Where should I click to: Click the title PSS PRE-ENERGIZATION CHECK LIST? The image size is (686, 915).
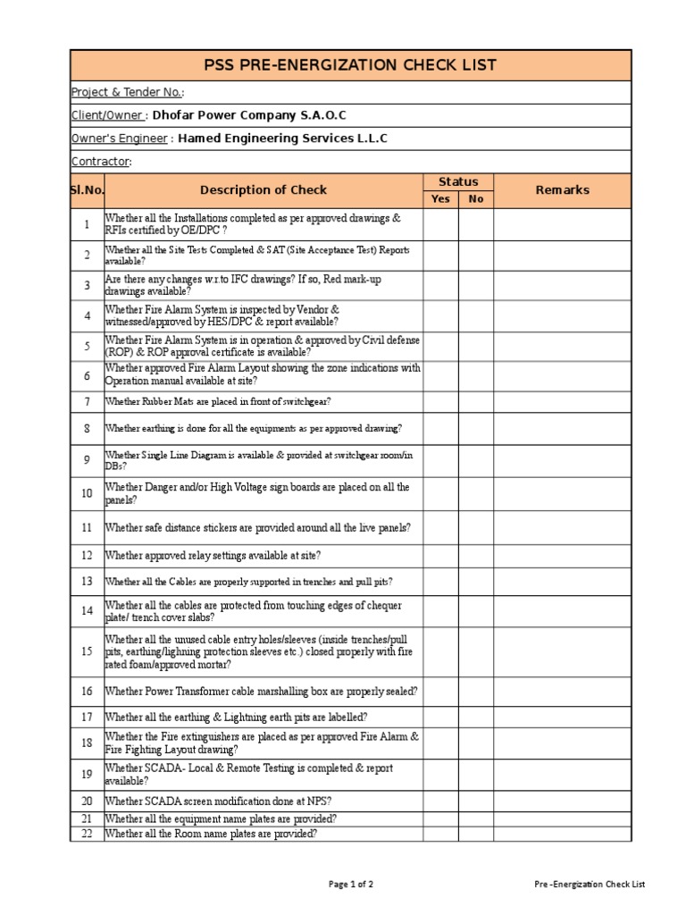(350, 65)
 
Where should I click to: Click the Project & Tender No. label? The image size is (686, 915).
(128, 92)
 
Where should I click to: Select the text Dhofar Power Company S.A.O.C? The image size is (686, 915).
(249, 115)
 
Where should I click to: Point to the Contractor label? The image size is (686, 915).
(101, 162)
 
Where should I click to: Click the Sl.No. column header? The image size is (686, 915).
(87, 190)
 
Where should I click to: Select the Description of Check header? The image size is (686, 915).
(263, 190)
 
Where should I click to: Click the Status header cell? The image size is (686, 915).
(457, 181)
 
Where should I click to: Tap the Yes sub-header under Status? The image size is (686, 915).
(440, 199)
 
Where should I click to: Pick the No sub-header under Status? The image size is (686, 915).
(475, 199)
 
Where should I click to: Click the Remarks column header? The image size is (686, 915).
(562, 190)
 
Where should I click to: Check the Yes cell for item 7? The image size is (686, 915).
(440, 402)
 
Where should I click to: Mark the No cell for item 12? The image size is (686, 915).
(475, 555)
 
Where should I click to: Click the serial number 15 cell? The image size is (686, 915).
(87, 651)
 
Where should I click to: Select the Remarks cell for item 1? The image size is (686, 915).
(562, 224)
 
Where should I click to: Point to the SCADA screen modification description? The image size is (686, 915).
(218, 801)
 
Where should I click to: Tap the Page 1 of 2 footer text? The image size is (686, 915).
(351, 885)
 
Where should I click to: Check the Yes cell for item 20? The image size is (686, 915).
(440, 801)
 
